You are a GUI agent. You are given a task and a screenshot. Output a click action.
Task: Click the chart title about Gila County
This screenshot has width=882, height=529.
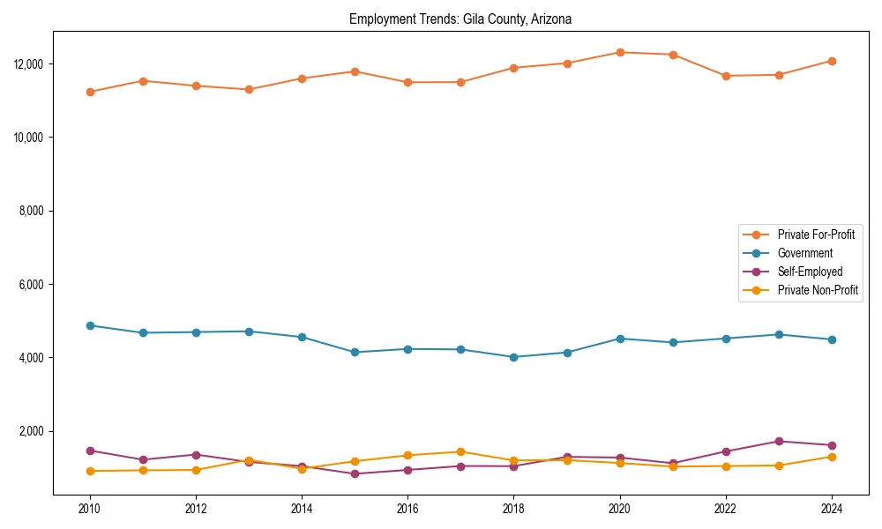click(x=460, y=19)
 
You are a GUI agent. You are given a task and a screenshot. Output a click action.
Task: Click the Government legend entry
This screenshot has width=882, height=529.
click(x=804, y=253)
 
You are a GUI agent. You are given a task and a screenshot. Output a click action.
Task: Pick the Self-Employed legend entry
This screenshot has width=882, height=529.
click(x=810, y=272)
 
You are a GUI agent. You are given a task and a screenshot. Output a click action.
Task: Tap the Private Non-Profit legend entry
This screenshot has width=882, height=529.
click(x=818, y=290)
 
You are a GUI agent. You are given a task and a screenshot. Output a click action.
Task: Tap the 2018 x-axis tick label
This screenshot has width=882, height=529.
click(x=513, y=509)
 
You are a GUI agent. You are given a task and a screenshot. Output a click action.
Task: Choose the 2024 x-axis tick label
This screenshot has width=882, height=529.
click(x=832, y=509)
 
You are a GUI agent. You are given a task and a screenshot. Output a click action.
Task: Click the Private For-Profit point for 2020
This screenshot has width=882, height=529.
click(x=620, y=52)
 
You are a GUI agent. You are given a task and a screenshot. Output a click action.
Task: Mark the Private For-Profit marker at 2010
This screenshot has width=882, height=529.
click(x=90, y=92)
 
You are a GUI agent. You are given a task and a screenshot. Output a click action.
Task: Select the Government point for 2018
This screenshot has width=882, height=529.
click(x=513, y=357)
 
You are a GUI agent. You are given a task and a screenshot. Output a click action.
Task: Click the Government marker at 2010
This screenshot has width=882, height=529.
click(x=90, y=325)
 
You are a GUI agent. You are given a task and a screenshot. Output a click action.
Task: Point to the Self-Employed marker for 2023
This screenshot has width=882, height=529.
click(x=779, y=441)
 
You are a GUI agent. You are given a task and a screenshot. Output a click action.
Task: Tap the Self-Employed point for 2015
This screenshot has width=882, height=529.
click(x=355, y=473)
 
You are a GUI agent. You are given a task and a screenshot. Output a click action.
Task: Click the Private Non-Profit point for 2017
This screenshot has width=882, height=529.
click(x=460, y=451)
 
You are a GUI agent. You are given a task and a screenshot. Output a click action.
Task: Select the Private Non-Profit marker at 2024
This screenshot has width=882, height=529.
click(x=832, y=456)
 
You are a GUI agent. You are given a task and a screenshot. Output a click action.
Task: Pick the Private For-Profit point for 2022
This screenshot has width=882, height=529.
click(x=726, y=76)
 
